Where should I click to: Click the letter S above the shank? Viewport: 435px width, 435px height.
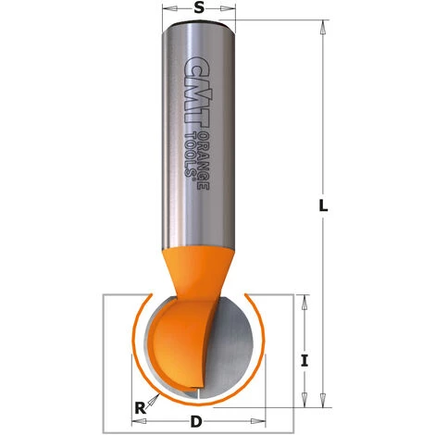tap(199, 8)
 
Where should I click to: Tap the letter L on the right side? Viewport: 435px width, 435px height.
tap(323, 208)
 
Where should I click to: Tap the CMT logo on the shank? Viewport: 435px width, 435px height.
tap(193, 93)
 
